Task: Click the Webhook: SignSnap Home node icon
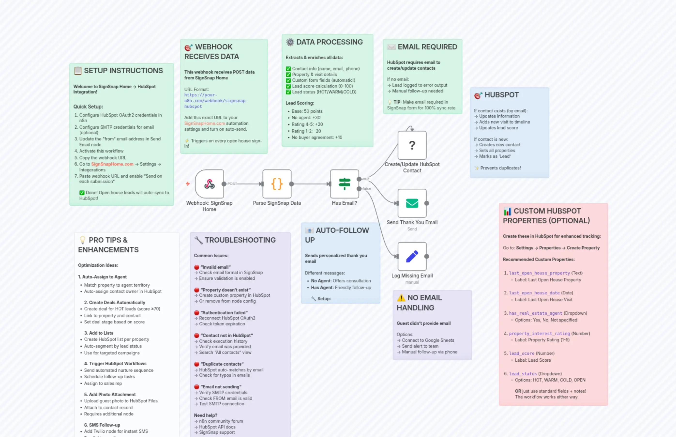(209, 184)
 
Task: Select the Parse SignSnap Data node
(277, 184)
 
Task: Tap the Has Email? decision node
(344, 184)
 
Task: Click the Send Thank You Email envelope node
(412, 203)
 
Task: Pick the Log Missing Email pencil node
(412, 256)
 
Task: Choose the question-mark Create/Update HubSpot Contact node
(412, 145)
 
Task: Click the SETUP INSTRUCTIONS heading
(123, 71)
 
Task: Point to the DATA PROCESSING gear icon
(290, 42)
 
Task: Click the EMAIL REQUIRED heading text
(427, 47)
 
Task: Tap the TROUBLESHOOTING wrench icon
(198, 240)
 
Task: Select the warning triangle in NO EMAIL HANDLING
(401, 298)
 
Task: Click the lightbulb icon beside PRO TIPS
(83, 240)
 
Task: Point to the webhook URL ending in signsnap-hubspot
(216, 101)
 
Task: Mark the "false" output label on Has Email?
(367, 189)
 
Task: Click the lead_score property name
(521, 353)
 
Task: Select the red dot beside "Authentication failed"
(196, 313)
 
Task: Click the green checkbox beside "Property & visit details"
(288, 75)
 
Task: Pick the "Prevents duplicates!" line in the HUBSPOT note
(500, 168)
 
